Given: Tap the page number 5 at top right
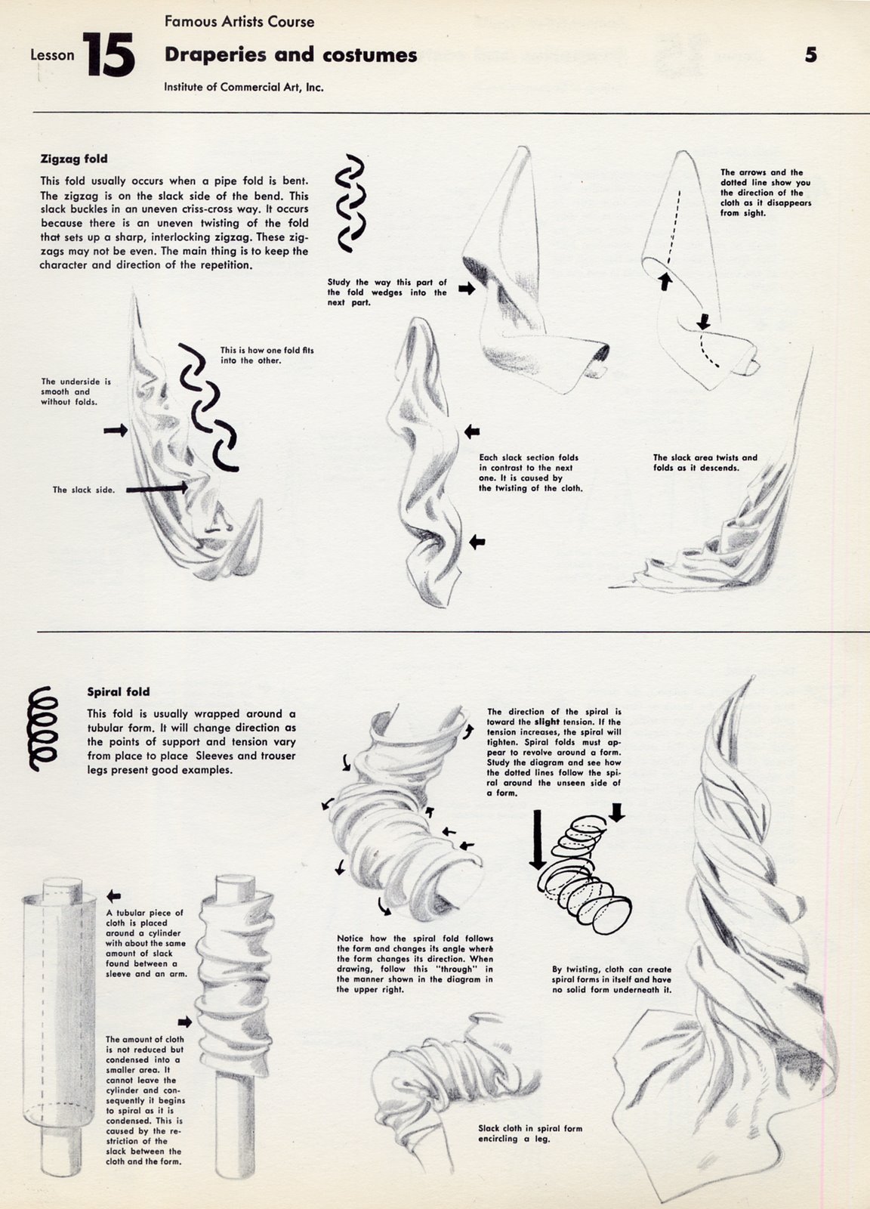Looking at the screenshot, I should point(810,54).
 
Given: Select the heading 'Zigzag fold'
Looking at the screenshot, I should point(73,159).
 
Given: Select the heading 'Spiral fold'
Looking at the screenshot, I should point(119,691).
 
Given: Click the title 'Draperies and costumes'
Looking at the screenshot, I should point(291,54).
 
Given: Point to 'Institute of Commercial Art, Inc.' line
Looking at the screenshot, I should point(244,88).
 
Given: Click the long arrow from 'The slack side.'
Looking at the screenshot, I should point(156,489).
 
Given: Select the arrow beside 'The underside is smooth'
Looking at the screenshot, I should point(116,430).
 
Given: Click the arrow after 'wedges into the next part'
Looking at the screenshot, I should point(466,289).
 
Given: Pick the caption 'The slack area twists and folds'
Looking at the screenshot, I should point(705,462).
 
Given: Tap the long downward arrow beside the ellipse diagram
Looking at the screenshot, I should point(537,841).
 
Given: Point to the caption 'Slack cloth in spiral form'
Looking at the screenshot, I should point(530,1133).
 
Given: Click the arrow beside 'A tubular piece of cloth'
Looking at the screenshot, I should point(114,896).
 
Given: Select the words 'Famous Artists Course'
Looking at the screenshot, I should point(239,22).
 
